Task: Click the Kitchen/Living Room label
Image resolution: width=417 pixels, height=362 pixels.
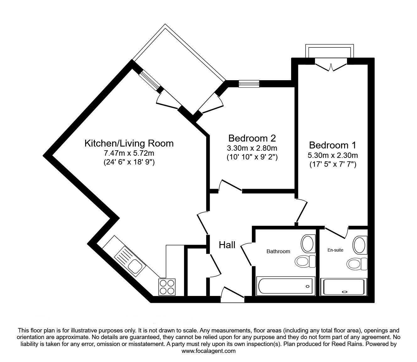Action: [x=129, y=143]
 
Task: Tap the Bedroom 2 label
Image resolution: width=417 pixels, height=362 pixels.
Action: [x=252, y=138]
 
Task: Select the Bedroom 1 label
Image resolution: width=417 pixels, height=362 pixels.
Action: [x=333, y=145]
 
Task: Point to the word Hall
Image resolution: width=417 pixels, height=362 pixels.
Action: [x=227, y=245]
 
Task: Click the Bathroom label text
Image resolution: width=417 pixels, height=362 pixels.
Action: [x=278, y=251]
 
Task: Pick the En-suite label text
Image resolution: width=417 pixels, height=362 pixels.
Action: [x=335, y=250]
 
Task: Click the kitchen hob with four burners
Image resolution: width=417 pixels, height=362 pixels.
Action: [x=167, y=287]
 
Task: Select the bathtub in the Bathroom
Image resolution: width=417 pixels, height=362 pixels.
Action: [x=285, y=286]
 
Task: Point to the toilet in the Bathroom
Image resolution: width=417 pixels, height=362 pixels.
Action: [x=305, y=261]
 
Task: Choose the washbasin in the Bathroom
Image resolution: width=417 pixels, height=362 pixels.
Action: [x=308, y=243]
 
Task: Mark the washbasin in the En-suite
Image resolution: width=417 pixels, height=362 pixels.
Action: [x=360, y=245]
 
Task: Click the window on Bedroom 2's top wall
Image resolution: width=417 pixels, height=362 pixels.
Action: [x=249, y=84]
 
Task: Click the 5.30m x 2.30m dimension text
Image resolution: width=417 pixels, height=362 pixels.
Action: [x=333, y=155]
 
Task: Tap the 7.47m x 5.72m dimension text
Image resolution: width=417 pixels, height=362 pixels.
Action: [x=129, y=153]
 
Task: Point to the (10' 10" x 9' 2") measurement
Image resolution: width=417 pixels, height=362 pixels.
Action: [x=252, y=157]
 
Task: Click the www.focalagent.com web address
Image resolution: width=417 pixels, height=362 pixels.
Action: [x=208, y=351]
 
